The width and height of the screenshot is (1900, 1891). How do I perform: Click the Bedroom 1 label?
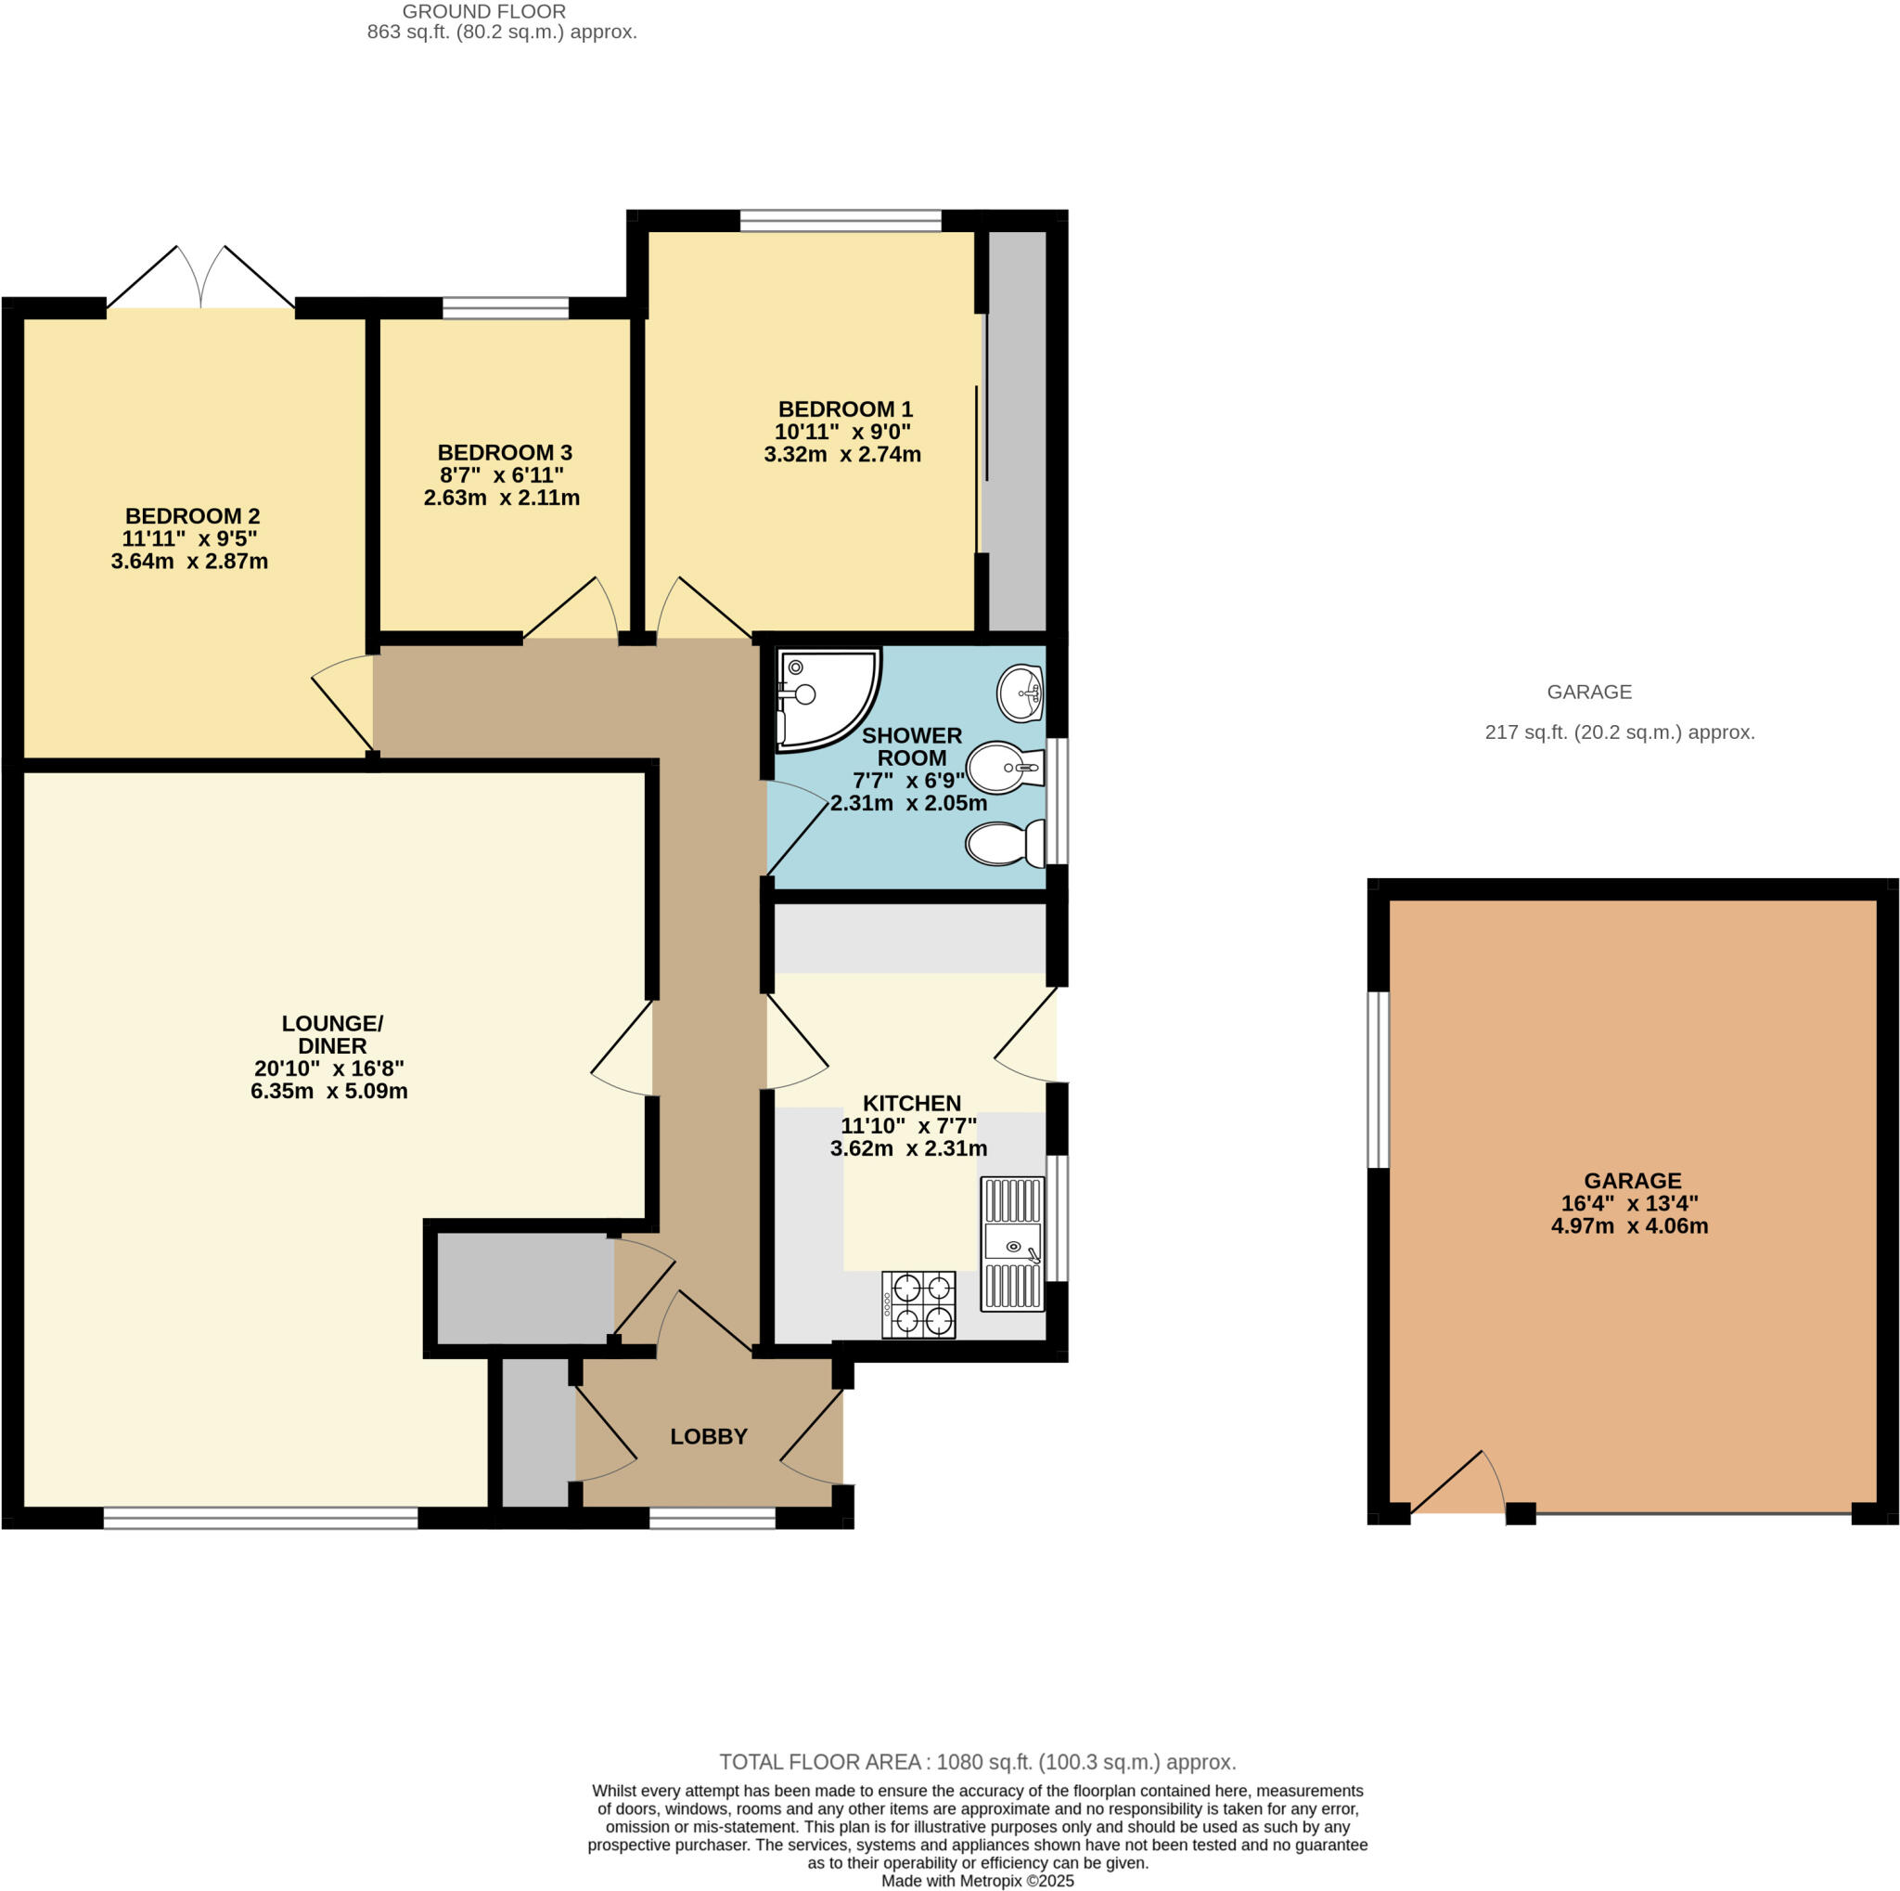845,409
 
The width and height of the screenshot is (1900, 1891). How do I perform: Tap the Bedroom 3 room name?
505,453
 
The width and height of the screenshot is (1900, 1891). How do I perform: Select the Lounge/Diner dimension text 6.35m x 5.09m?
329,1091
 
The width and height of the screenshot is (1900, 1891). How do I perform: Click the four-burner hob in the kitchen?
918,1304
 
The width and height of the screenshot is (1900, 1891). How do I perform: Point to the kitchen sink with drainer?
1012,1244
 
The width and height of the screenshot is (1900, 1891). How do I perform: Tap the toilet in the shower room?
1005,843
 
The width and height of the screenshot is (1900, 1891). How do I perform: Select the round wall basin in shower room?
1020,693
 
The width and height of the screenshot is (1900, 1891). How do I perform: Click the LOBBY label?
709,1436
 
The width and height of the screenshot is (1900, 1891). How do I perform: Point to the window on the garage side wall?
1380,1080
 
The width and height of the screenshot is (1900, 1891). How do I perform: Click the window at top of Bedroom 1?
841,220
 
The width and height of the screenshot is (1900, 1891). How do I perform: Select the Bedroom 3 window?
506,308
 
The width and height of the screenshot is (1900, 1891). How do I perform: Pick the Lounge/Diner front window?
261,1519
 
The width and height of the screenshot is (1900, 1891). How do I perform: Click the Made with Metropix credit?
978,1881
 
